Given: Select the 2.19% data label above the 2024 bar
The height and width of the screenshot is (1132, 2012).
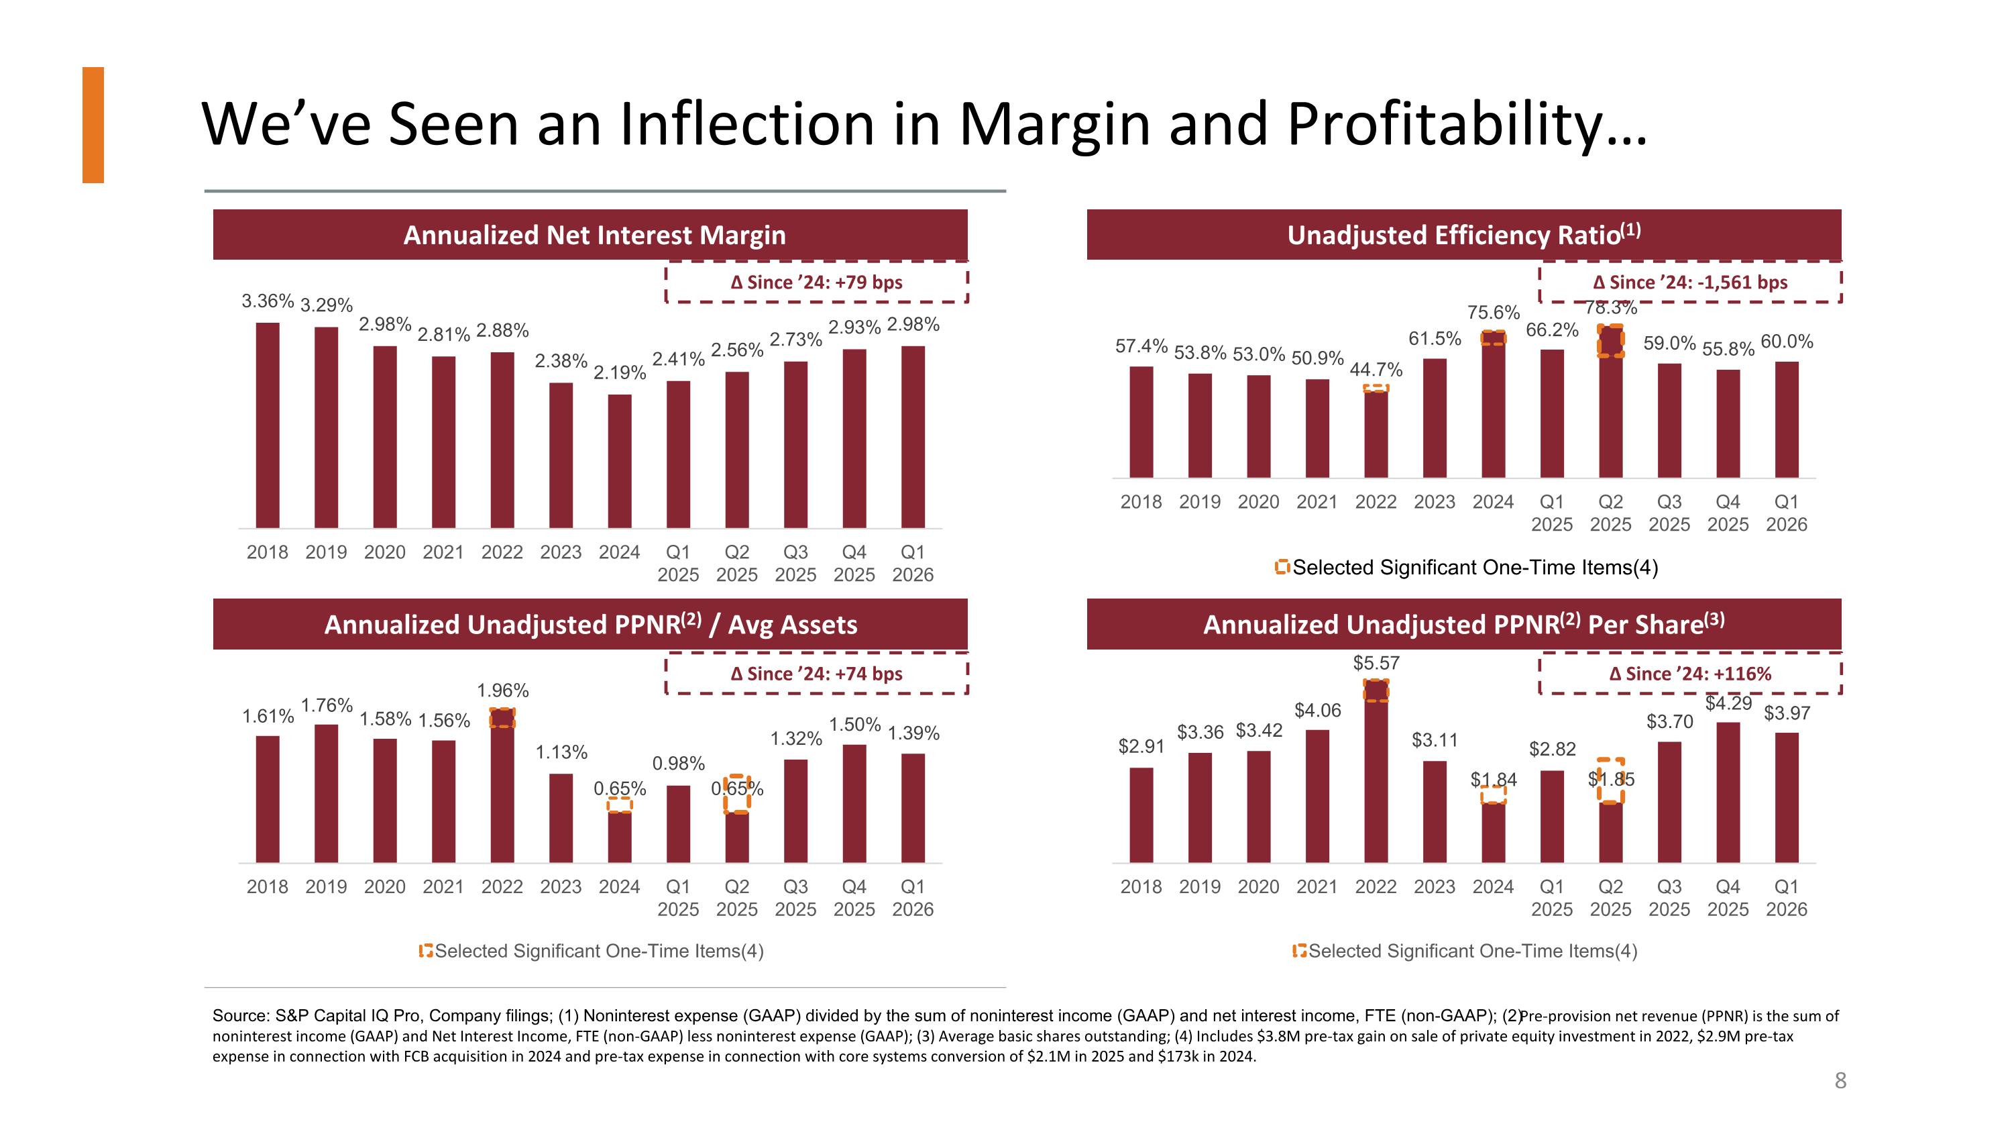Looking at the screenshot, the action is pyautogui.click(x=620, y=372).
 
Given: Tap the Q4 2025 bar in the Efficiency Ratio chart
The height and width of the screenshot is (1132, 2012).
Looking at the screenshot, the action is pyautogui.click(x=1728, y=423).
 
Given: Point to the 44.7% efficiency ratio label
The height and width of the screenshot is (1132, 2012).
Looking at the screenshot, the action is pyautogui.click(x=1376, y=370).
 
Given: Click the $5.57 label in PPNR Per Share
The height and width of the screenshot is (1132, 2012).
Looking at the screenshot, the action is pyautogui.click(x=1376, y=663).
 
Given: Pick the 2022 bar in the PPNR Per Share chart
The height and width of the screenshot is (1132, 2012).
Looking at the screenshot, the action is pyautogui.click(x=1376, y=771).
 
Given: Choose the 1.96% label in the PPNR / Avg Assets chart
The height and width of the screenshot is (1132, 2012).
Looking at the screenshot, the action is pyautogui.click(x=503, y=690).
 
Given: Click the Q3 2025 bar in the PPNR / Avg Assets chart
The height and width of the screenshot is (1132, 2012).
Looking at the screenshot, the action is pyautogui.click(x=795, y=811).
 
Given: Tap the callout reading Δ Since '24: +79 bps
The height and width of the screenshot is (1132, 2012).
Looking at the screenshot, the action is pyautogui.click(x=816, y=282).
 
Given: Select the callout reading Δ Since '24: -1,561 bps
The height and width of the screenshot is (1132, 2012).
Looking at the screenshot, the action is pyautogui.click(x=1690, y=282).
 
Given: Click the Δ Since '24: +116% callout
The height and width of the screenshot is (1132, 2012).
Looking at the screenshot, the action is pyautogui.click(x=1690, y=674).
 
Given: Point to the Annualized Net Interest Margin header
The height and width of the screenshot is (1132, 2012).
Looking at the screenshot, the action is pyautogui.click(x=594, y=235).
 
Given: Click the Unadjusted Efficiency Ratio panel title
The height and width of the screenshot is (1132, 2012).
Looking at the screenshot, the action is pyautogui.click(x=1463, y=234).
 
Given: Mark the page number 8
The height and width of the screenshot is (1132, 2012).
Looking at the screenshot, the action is pyautogui.click(x=1840, y=1080).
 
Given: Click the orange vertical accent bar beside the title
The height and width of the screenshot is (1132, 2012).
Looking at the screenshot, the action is pyautogui.click(x=93, y=125).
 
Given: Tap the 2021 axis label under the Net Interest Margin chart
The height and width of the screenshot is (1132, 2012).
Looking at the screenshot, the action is pyautogui.click(x=443, y=552).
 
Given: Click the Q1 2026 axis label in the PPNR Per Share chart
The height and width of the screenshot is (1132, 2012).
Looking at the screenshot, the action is pyautogui.click(x=1786, y=898).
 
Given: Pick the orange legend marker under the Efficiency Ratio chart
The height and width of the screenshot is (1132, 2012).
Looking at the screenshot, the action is pyautogui.click(x=1282, y=566).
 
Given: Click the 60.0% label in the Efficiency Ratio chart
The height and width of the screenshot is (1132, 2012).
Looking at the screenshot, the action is pyautogui.click(x=1787, y=342).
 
